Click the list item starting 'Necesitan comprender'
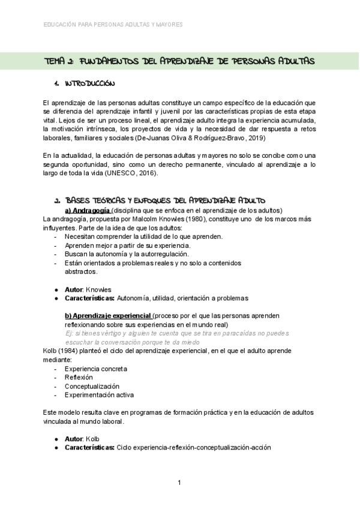[135, 236]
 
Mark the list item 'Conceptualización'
[92, 386]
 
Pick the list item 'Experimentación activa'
[99, 395]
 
